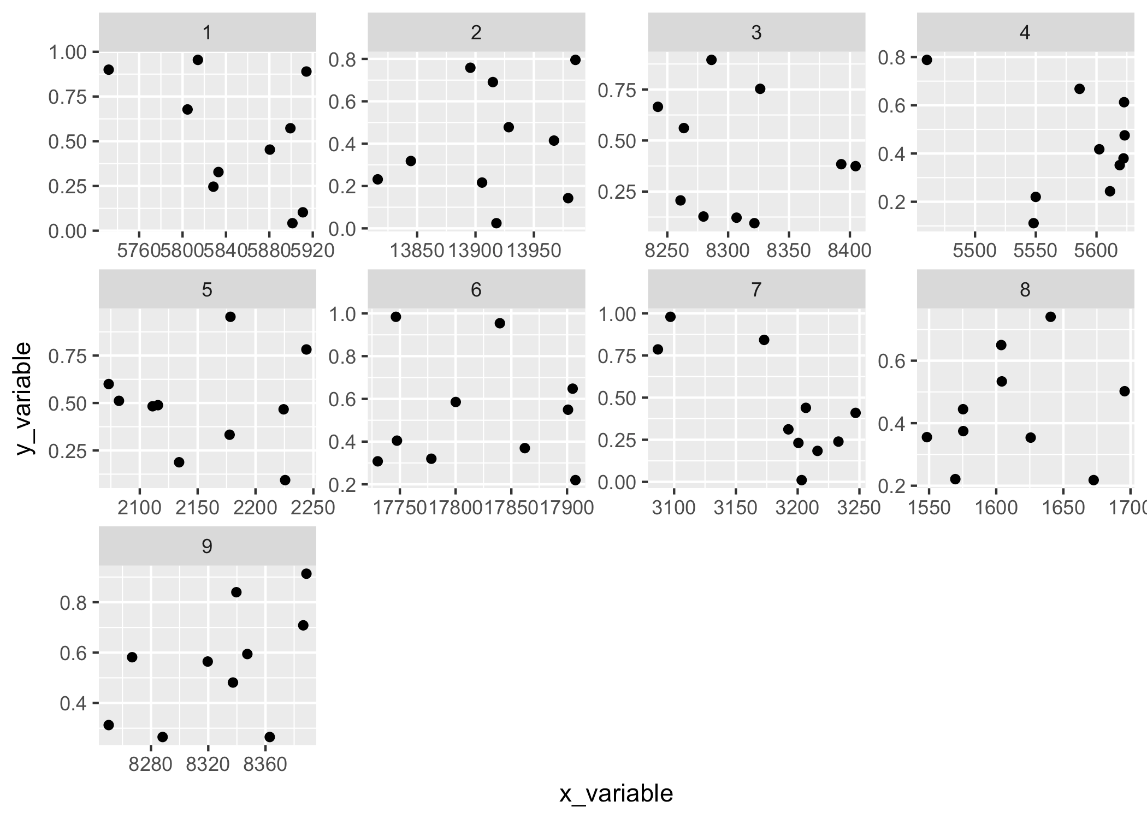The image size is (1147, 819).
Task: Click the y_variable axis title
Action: (x=25, y=399)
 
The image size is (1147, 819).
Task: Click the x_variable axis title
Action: (x=616, y=794)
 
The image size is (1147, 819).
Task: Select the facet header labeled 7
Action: (x=756, y=289)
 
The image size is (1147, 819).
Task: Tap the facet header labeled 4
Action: (x=1025, y=33)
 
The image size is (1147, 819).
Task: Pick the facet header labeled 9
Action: (x=206, y=546)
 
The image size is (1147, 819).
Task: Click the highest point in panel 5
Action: (x=230, y=317)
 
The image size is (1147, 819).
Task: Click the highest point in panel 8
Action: (x=1050, y=317)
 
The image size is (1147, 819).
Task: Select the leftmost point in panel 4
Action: (x=927, y=60)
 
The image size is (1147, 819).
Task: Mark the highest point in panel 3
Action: (x=711, y=60)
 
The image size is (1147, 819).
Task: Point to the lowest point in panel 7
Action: (x=801, y=480)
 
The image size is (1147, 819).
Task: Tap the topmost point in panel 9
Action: (x=306, y=573)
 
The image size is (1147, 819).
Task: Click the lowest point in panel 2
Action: (x=496, y=223)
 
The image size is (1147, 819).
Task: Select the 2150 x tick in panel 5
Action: (x=197, y=508)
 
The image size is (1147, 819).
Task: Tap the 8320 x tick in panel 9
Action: (x=208, y=764)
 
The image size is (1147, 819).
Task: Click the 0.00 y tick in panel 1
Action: (x=67, y=232)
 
